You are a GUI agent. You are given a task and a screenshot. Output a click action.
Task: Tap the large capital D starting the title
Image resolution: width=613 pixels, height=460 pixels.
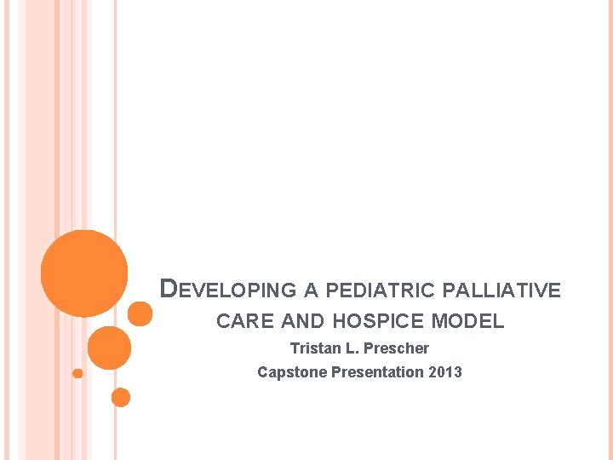[169, 289]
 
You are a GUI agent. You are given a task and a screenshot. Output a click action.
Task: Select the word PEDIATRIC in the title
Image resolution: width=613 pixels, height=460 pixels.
[380, 290]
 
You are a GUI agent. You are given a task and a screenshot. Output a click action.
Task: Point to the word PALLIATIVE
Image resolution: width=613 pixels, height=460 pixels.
[502, 290]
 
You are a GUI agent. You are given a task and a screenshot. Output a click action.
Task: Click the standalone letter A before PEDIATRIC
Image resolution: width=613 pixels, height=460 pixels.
[311, 290]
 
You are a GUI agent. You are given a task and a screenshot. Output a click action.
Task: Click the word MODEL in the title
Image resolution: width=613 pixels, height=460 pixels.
[467, 322]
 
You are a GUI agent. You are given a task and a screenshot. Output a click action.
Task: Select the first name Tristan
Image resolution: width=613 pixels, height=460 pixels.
[314, 348]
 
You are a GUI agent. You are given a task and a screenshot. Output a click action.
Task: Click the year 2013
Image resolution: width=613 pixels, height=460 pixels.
[445, 372]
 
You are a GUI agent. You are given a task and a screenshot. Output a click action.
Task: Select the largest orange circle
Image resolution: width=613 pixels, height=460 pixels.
[84, 273]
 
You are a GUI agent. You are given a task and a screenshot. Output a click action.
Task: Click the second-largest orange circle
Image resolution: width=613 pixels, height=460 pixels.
[109, 348]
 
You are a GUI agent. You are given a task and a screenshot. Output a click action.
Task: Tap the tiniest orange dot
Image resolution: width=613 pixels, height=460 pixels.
[77, 373]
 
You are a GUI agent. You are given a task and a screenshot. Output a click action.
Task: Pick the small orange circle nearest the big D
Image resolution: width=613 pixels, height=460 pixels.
[140, 314]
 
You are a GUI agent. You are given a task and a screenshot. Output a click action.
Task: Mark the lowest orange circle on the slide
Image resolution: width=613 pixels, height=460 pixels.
[121, 397]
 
